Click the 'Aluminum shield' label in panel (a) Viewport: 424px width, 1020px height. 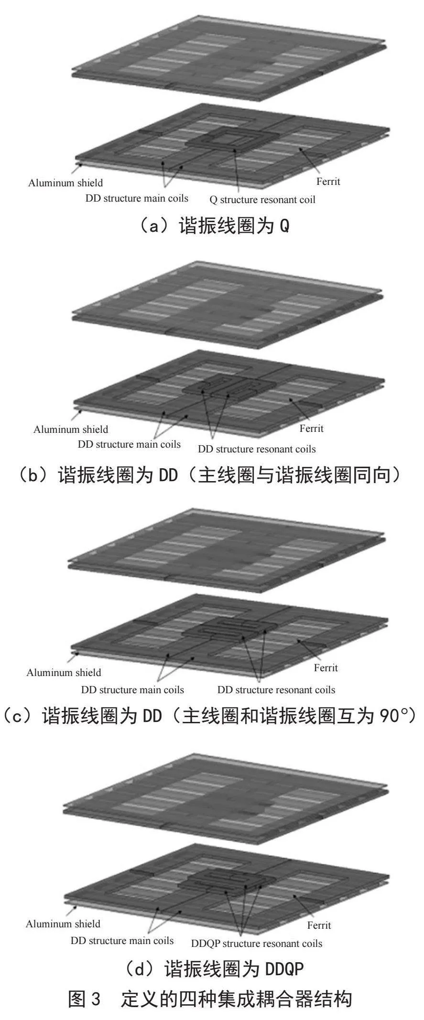[x=65, y=183]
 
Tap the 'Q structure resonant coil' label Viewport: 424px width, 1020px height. [x=262, y=199]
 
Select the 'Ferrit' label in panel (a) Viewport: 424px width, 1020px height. [x=328, y=182]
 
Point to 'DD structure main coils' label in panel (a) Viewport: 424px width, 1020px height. [x=137, y=198]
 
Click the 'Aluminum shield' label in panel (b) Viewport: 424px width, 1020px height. [x=71, y=429]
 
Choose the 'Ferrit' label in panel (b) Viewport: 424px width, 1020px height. [x=312, y=429]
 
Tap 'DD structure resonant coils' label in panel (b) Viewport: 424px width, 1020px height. [x=257, y=449]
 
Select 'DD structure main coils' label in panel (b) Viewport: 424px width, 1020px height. [x=129, y=444]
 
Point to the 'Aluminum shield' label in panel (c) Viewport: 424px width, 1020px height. [x=64, y=673]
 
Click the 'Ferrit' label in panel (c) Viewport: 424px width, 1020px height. [x=326, y=668]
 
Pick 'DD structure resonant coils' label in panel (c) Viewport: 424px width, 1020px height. [x=276, y=690]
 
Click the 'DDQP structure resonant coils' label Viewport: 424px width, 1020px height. [x=257, y=944]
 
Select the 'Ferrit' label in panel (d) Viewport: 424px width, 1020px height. [x=319, y=925]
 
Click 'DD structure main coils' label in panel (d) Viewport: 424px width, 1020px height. [x=122, y=941]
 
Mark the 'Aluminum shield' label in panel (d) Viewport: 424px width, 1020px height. [x=63, y=924]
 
